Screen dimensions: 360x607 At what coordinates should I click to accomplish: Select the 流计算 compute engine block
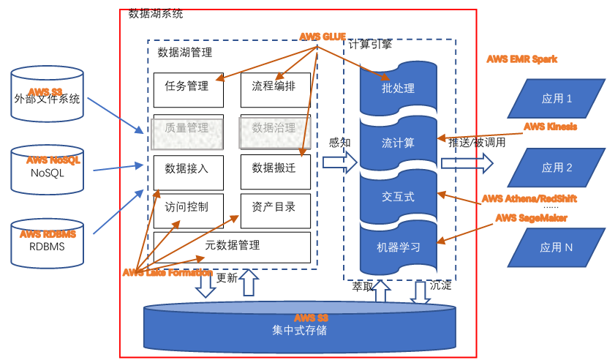[x=399, y=143]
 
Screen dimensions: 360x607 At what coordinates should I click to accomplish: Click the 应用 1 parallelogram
[x=556, y=99]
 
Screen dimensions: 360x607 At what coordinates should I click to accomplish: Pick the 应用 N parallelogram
[x=556, y=248]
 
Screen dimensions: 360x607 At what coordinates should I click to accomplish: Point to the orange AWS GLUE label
[x=322, y=37]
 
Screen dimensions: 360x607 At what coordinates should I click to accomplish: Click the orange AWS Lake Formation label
[x=167, y=273]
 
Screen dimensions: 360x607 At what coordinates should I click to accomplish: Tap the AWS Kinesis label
[x=549, y=127]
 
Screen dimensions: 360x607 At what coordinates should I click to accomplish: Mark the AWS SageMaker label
[x=531, y=218]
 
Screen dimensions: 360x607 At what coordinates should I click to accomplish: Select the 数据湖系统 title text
[x=155, y=13]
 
